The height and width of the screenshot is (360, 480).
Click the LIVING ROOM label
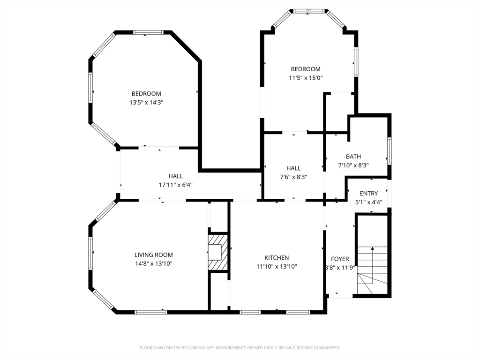tap(153, 255)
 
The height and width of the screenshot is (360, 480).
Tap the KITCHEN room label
tap(277, 258)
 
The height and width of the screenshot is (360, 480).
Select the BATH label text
tap(353, 157)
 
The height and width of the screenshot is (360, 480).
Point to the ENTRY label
tap(368, 193)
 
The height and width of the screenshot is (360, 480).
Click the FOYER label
tap(340, 259)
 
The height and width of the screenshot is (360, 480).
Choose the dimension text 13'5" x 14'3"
tap(146, 102)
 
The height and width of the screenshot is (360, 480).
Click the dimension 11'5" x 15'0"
tap(306, 78)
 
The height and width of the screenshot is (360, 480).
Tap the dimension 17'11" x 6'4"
tap(175, 185)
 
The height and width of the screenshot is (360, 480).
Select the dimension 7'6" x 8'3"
tap(293, 177)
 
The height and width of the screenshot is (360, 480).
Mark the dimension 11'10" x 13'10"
tap(277, 266)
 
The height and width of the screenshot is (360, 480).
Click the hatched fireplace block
tap(218, 253)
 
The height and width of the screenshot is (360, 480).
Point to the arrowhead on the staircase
tap(372, 248)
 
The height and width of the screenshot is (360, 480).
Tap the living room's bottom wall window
tap(150, 312)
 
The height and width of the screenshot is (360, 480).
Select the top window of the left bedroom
tap(149, 32)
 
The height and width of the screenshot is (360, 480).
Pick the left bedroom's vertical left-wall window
tap(90, 87)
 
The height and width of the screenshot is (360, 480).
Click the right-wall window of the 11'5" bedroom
tap(356, 61)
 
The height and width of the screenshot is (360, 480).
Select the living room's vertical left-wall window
tap(90, 253)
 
